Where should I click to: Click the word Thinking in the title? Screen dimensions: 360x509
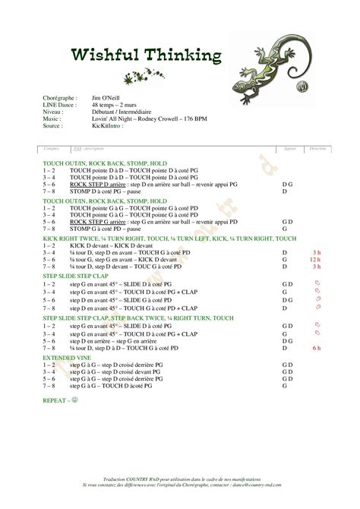pyautogui.click(x=182, y=55)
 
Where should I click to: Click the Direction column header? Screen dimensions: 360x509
pyautogui.click(x=317, y=149)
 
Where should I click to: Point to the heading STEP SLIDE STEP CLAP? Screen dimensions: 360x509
pyautogui.click(x=76, y=275)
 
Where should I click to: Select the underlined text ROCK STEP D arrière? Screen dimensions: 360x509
pyautogui.click(x=93, y=185)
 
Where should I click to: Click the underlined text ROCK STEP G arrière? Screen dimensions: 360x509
pyautogui.click(x=93, y=221)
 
